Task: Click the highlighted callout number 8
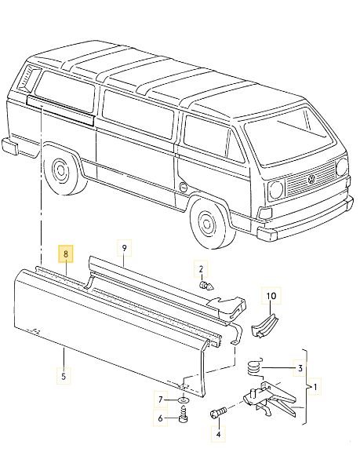coord(66,254)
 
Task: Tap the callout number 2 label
coord(201,269)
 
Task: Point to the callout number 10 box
coord(271,297)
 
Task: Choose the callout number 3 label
coord(299,367)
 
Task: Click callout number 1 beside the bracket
coord(316,387)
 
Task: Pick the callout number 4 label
coord(217,431)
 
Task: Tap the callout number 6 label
coord(161,418)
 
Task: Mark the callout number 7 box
coord(161,400)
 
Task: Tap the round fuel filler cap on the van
coord(182,188)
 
